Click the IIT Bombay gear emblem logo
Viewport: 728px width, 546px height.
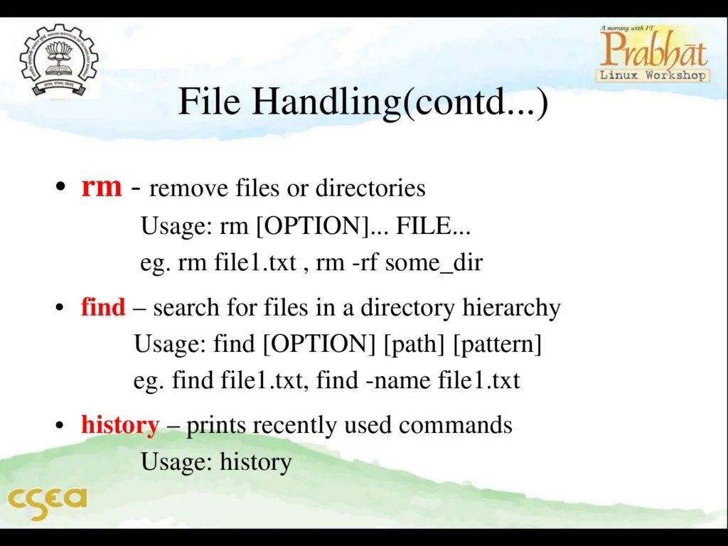(60, 62)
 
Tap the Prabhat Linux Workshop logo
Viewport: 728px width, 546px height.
(653, 53)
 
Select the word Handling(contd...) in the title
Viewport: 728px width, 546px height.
(400, 102)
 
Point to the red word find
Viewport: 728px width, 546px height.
(103, 308)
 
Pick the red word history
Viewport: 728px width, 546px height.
(119, 425)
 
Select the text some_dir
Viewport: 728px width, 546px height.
(434, 263)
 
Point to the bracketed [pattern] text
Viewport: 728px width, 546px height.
(497, 345)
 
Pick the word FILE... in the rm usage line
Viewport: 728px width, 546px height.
(433, 226)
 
